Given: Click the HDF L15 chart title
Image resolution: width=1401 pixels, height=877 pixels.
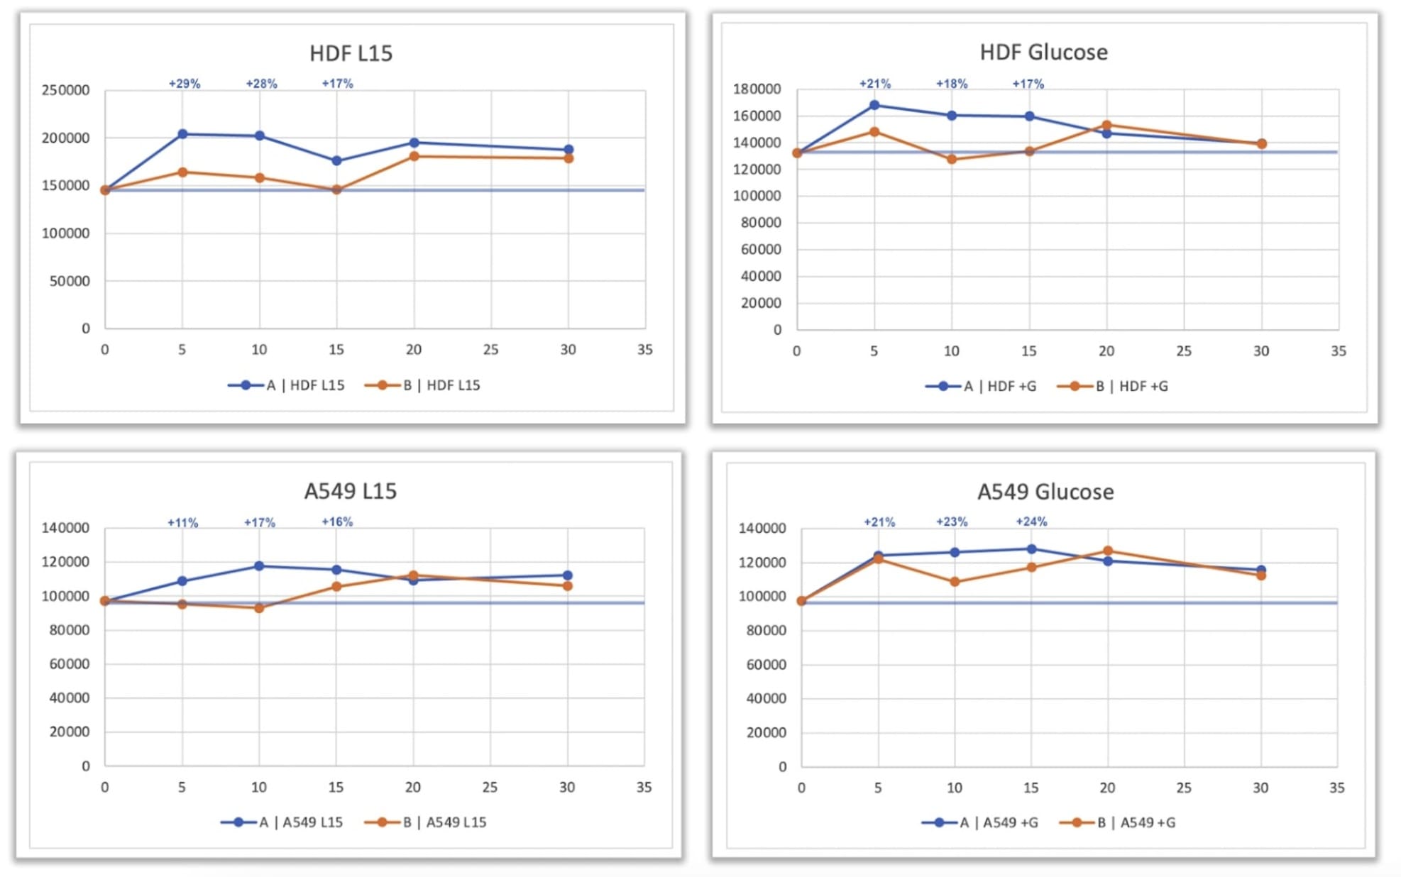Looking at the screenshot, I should pos(351,53).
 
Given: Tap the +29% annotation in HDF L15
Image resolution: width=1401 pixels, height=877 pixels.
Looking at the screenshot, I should pos(185,84).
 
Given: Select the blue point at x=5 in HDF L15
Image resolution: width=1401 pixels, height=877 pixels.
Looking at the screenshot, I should pos(182,134).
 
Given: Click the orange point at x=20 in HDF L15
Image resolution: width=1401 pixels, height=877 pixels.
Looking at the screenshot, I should pos(414,156).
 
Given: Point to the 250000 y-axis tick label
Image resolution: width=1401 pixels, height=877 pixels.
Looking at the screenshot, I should pos(65,90).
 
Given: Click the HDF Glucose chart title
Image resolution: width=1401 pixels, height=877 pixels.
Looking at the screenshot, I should pos(1043,53).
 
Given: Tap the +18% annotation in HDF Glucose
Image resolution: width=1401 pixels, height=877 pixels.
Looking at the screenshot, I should pos(952,84).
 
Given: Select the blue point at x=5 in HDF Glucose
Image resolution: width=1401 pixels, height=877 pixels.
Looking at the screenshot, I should pos(874,105).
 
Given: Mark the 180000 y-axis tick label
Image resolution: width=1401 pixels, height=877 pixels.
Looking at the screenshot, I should pos(757,89).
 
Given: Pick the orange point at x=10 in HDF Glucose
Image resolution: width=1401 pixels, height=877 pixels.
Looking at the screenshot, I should pos(952,160).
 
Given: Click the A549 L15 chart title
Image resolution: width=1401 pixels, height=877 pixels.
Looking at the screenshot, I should pos(350,491).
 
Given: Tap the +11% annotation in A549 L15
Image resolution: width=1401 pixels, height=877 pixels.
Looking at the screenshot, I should pos(183,523).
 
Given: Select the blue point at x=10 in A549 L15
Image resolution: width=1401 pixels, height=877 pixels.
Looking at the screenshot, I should pos(259,566).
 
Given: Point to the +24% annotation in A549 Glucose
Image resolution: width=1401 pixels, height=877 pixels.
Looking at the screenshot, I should pos(1031,522).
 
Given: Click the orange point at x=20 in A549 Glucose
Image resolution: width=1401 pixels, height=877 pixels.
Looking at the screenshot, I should pos(1108,551).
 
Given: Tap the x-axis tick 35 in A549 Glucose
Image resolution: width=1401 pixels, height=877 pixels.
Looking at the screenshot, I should pos(1336,788).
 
